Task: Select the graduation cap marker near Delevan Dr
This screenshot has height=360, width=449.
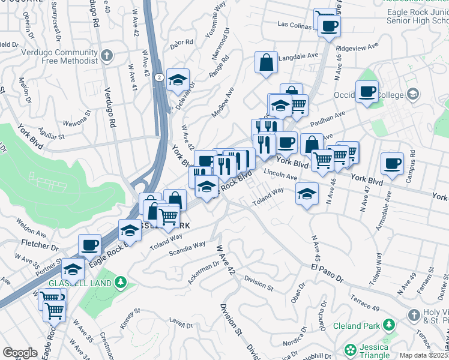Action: point(178,80)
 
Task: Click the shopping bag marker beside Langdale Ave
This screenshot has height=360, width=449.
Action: point(266,62)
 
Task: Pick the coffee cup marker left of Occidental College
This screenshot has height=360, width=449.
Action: point(367,92)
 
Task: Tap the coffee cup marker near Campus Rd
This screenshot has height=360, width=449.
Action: point(393,164)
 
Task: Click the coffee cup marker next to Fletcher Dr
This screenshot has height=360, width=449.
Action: point(90,245)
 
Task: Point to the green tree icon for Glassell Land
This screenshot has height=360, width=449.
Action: point(121,281)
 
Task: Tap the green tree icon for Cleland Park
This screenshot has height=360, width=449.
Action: point(390,325)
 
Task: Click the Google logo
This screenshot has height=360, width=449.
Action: point(20,353)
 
